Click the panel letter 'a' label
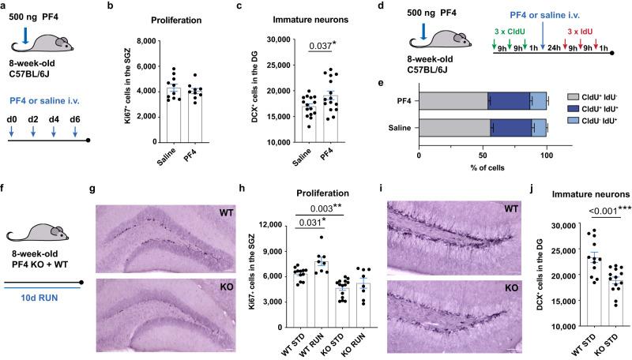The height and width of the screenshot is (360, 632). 6,6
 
